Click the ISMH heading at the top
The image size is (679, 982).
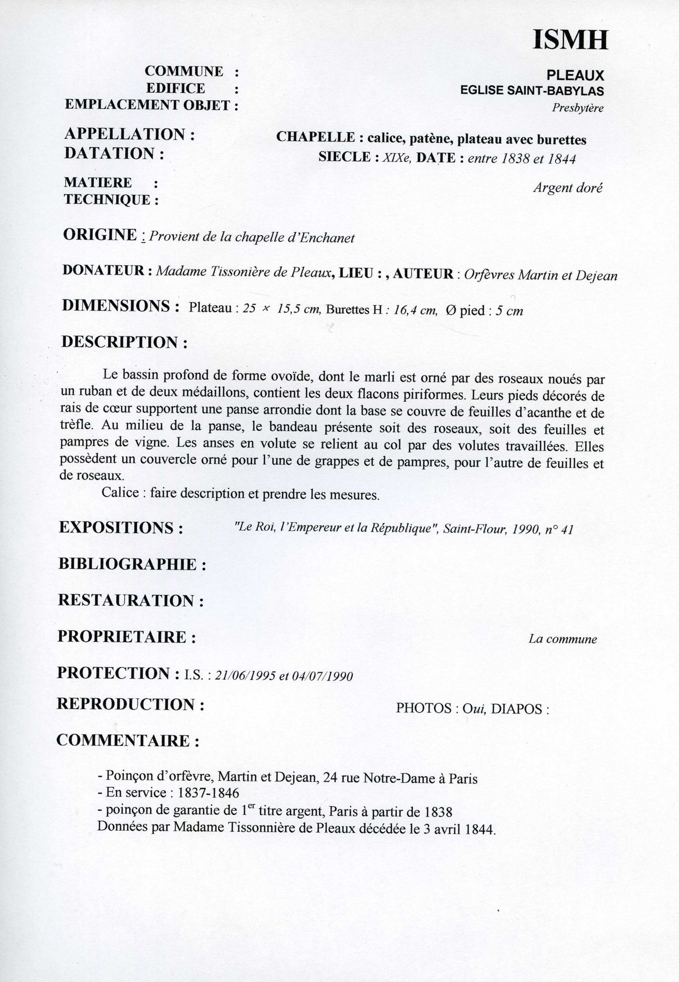click(x=570, y=39)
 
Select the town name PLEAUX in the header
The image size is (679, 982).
click(x=575, y=75)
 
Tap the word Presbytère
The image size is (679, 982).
click(x=577, y=108)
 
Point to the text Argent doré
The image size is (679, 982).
click(x=568, y=188)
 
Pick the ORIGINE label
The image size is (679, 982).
click(x=100, y=235)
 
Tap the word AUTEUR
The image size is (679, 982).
click(x=423, y=273)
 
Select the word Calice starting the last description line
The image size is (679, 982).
click(x=120, y=492)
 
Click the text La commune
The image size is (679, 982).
click(x=562, y=639)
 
